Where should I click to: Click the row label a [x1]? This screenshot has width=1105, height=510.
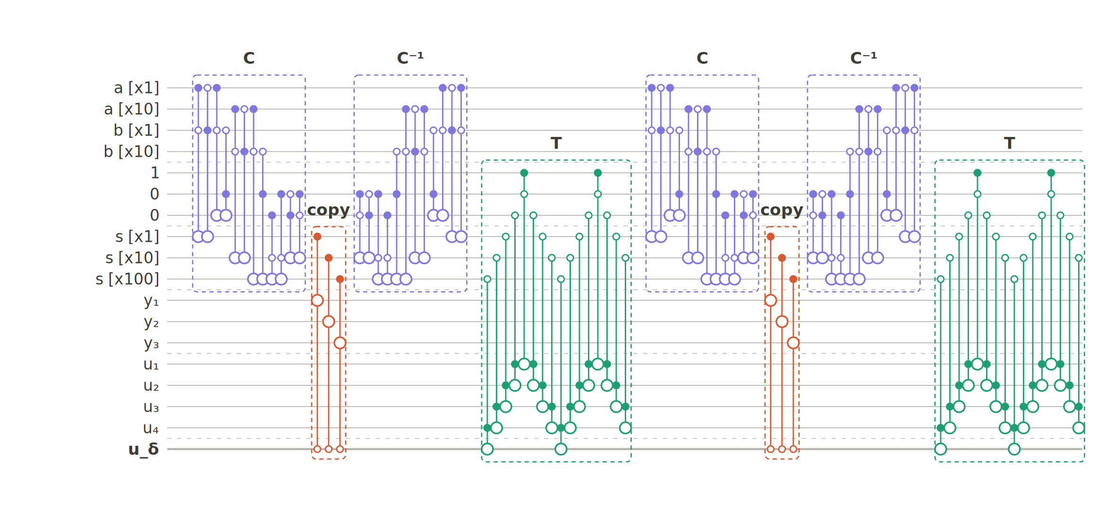coord(136,88)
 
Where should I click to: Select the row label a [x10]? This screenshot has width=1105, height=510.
coord(132,110)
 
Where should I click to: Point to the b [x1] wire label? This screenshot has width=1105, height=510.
coord(136,131)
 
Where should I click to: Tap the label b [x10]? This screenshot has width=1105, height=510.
coord(132,152)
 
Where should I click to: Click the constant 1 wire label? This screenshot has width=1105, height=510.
coord(155,173)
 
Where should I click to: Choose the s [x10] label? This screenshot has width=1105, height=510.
coord(132,258)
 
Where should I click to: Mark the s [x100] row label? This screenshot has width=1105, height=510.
coord(127,280)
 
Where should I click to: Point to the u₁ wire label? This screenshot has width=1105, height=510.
coord(151,365)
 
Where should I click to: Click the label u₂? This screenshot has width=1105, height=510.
coord(151,386)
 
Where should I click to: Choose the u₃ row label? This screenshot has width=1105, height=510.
coord(151,407)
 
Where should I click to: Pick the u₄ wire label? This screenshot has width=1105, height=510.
coord(151,428)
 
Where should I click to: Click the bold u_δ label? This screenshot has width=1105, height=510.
coord(144,449)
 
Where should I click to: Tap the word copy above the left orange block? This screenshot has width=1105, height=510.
coord(329,210)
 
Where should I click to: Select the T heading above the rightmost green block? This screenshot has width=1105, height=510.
coord(1010,143)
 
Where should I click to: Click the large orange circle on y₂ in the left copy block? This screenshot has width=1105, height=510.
coord(329,322)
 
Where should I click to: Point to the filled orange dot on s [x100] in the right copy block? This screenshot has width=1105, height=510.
coord(793,279)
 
